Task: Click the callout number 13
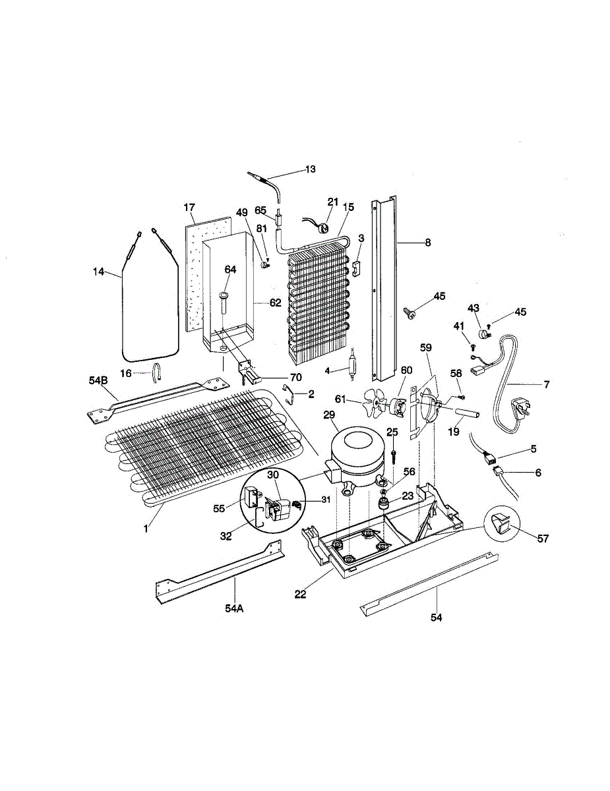pyautogui.click(x=310, y=169)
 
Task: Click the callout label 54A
pyautogui.click(x=233, y=608)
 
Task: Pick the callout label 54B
pyautogui.click(x=99, y=382)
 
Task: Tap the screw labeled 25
pyautogui.click(x=392, y=454)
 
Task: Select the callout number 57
pyautogui.click(x=543, y=538)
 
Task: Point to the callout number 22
pyautogui.click(x=300, y=594)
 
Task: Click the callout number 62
pyautogui.click(x=275, y=304)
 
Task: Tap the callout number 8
pyautogui.click(x=427, y=243)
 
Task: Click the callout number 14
pyautogui.click(x=99, y=272)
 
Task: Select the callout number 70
pyautogui.click(x=295, y=378)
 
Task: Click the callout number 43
pyautogui.click(x=473, y=308)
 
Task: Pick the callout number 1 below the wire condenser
pyautogui.click(x=146, y=527)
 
